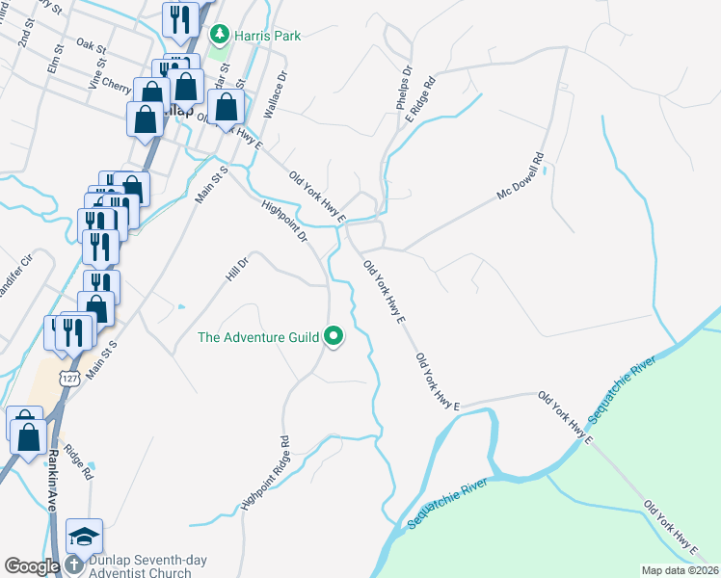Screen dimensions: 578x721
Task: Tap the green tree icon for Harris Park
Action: coord(221,36)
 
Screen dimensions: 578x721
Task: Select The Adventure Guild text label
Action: coord(258,337)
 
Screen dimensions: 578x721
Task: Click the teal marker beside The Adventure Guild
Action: coord(334,337)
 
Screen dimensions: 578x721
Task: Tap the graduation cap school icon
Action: coord(84,536)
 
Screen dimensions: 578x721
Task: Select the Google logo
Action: coord(32,566)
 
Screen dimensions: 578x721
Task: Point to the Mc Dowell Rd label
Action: coord(521,177)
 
